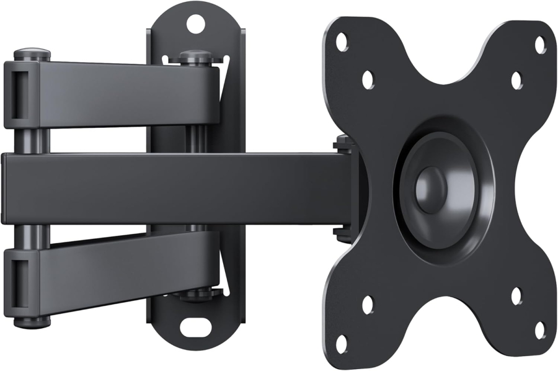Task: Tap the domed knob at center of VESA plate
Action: [430, 185]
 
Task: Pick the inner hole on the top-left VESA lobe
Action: [368, 79]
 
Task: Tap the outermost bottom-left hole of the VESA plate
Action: [341, 344]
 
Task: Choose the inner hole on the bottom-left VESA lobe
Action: [368, 304]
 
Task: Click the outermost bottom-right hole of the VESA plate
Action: [540, 330]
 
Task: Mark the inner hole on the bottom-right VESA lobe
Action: [516, 296]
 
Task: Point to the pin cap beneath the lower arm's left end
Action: [32, 321]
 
